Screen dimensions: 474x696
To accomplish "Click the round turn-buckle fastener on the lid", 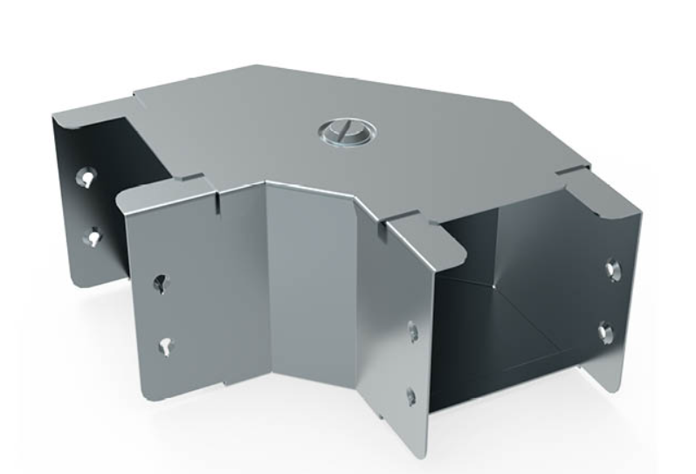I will click(348, 134).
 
